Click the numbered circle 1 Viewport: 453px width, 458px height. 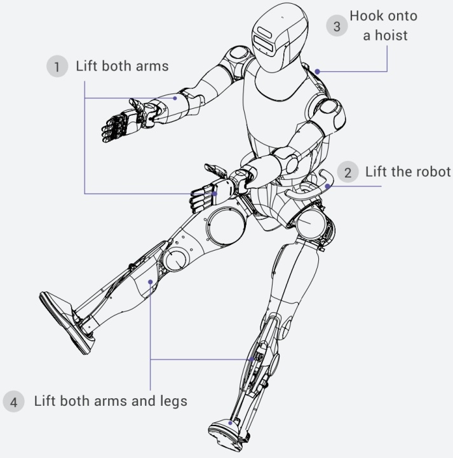pyautogui.click(x=57, y=66)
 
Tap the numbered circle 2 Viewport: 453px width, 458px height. pyautogui.click(x=348, y=172)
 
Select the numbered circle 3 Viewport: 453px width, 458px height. pyautogui.click(x=337, y=25)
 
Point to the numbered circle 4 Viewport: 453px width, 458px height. pyautogui.click(x=13, y=401)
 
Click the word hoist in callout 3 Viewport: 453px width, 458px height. pyautogui.click(x=391, y=36)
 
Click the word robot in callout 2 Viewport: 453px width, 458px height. pyautogui.click(x=434, y=172)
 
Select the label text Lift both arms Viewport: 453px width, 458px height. pyautogui.click(x=122, y=66)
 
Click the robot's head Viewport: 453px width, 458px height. pyautogui.click(x=279, y=36)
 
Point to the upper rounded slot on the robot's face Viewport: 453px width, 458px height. pyautogui.click(x=264, y=32)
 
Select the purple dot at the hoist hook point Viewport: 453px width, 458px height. pyautogui.click(x=318, y=71)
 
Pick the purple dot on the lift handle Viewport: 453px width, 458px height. pyautogui.click(x=327, y=186)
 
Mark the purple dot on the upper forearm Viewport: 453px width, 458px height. pyautogui.click(x=175, y=98)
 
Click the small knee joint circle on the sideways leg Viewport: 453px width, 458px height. pyautogui.click(x=175, y=260)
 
